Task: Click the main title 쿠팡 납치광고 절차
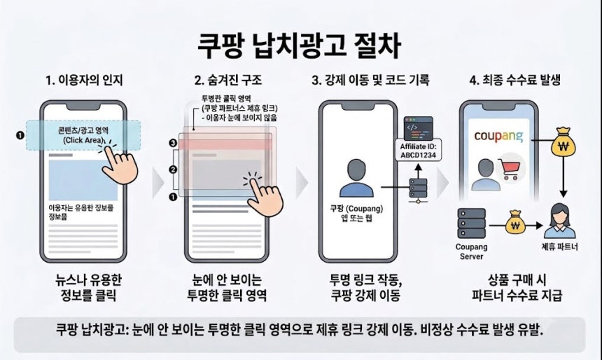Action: pyautogui.click(x=300, y=46)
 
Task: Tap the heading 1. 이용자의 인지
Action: pyautogui.click(x=84, y=81)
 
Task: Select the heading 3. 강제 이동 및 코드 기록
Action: pyautogui.click(x=370, y=81)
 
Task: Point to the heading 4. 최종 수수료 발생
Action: pyautogui.click(x=515, y=80)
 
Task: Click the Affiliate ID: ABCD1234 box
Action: pyautogui.click(x=419, y=150)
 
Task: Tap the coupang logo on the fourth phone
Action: pyautogui.click(x=498, y=137)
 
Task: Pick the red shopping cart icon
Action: pyautogui.click(x=510, y=169)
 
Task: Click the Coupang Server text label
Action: pyautogui.click(x=472, y=251)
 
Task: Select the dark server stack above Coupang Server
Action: pyautogui.click(x=472, y=223)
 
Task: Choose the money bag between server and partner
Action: pyautogui.click(x=514, y=223)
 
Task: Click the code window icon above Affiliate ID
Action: pyautogui.click(x=419, y=129)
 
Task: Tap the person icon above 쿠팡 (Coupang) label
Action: pyautogui.click(x=357, y=178)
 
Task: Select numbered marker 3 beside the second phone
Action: pyautogui.click(x=173, y=144)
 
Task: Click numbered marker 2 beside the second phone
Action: pyautogui.click(x=173, y=169)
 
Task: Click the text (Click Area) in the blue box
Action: pyautogui.click(x=84, y=140)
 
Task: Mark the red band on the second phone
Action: pyautogui.click(x=225, y=144)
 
